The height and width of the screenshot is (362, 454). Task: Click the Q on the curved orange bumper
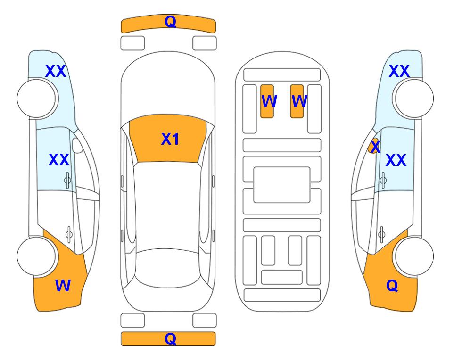coord(171,21)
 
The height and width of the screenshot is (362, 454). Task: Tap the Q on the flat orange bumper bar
coord(171,338)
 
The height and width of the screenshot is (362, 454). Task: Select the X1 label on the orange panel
coord(170,139)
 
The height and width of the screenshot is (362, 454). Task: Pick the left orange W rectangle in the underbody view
coord(267,101)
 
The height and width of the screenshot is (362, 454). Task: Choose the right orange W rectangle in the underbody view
coord(297,101)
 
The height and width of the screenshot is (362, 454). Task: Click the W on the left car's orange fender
coord(63,286)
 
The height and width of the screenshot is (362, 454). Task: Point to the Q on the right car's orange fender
coord(392,286)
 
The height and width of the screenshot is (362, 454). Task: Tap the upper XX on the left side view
coord(56,71)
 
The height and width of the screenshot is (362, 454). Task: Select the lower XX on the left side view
coord(59,160)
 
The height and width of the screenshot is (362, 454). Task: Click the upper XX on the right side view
coord(399,71)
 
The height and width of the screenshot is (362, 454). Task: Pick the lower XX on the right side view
coord(396,160)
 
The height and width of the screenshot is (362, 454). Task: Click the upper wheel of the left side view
coord(37,99)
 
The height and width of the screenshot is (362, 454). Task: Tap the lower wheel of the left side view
coord(37,256)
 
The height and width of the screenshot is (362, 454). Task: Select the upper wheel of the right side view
coord(414,99)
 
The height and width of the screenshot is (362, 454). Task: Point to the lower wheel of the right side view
coord(414,256)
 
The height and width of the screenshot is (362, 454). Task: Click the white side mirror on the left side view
coord(77,145)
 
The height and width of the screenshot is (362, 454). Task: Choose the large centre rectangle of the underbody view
coord(282,185)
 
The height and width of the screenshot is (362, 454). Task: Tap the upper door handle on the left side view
coord(67,180)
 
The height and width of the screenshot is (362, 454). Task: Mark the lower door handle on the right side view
coord(382,235)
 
